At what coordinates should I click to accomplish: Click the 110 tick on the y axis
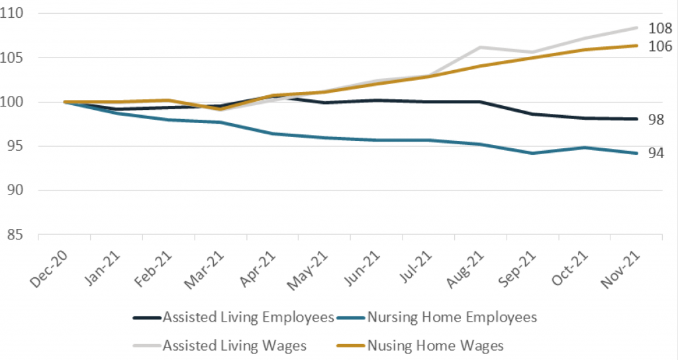pos(17,14)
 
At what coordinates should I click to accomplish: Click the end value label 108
pos(660,28)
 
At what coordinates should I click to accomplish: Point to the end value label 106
pos(660,46)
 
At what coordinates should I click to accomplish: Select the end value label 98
pos(656,119)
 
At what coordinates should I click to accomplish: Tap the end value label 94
pos(656,153)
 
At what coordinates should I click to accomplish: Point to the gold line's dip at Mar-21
pos(220,109)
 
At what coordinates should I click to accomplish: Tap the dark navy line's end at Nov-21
pos(636,119)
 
